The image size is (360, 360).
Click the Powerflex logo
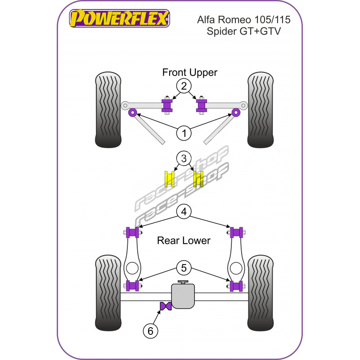tap(119, 19)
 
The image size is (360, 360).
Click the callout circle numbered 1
tap(183, 133)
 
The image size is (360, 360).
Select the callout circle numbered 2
tap(183, 86)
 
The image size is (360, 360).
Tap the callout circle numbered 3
tap(183, 159)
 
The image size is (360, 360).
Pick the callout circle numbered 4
tap(183, 211)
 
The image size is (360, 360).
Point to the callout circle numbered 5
tap(183, 269)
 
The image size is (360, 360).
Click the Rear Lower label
tap(183, 241)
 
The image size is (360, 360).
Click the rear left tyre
tap(108, 293)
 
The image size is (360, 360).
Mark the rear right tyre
tap(261, 293)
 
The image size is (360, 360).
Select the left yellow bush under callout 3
tap(171, 179)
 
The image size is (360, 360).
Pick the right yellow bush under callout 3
tap(198, 179)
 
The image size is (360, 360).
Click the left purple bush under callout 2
tap(167, 106)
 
